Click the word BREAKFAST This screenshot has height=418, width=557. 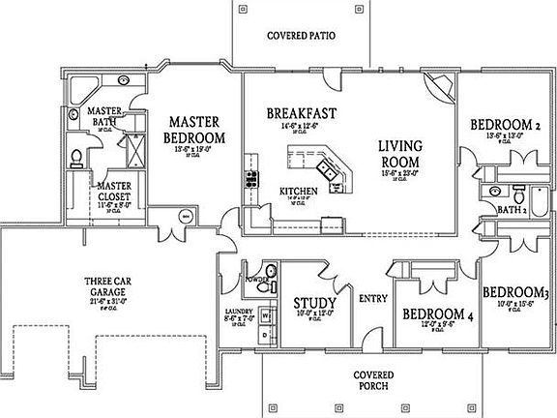tap(302, 113)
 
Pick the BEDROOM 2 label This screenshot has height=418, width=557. tap(504, 125)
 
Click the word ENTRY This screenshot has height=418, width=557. tap(372, 299)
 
